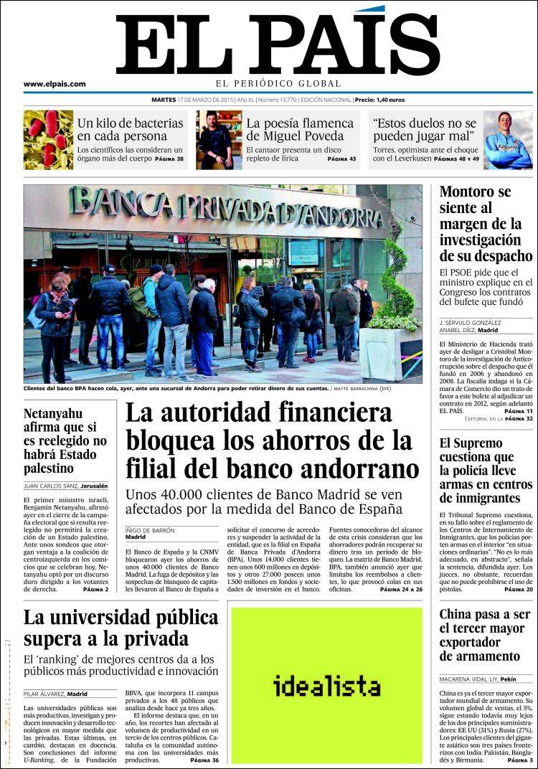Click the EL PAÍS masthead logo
coord(277,44)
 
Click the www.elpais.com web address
coord(55,84)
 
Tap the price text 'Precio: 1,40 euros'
coord(379,100)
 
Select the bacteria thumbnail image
coord(48,139)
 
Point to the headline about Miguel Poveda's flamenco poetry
coord(300,130)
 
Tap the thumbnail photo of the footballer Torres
coord(508,139)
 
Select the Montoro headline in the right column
coord(486,224)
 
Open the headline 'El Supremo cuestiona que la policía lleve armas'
coord(486,471)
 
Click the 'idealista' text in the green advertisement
coord(326,687)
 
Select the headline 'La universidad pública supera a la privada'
coord(121,628)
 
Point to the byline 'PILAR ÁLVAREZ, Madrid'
coord(55,694)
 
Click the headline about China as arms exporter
coord(484,635)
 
